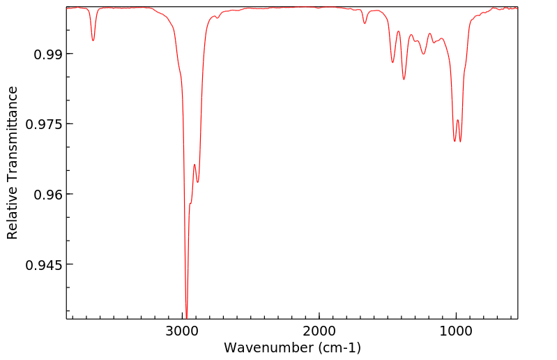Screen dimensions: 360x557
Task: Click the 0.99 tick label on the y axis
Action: click(x=44, y=54)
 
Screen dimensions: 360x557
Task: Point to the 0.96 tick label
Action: click(x=44, y=195)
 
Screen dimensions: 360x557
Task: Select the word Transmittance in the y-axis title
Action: click(x=13, y=145)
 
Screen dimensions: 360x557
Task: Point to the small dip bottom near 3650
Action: click(x=93, y=40)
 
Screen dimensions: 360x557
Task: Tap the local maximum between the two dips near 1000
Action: click(x=457, y=120)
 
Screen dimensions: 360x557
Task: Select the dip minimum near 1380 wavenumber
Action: click(x=404, y=80)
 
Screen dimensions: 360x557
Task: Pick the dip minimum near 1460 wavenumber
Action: click(x=392, y=63)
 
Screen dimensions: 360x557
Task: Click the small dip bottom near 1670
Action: click(x=365, y=24)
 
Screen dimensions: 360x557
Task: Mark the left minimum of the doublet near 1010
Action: click(x=455, y=142)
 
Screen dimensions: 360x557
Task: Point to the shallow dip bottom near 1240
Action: click(x=423, y=54)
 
